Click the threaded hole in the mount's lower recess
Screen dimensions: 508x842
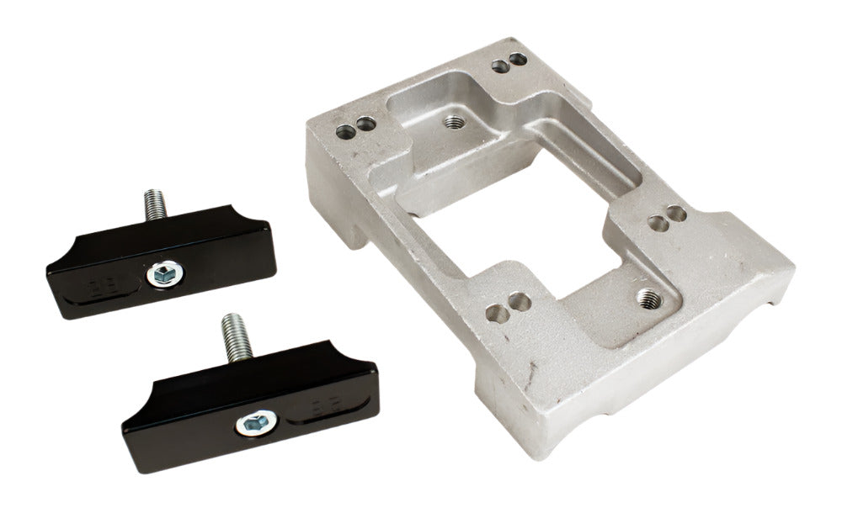(647, 296)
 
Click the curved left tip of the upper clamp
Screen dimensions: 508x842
(59, 261)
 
